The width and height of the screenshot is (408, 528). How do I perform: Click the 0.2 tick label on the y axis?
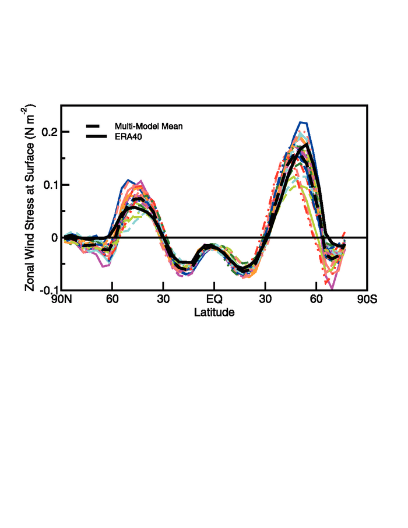(x=48, y=132)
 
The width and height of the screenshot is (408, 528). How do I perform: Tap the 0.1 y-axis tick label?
(x=48, y=185)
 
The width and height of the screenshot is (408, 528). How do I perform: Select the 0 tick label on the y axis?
(x=53, y=238)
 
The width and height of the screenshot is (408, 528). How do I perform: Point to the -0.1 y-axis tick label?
(x=47, y=290)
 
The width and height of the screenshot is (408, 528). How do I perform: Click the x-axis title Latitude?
(x=214, y=313)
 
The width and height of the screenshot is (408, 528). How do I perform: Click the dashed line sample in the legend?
(x=97, y=126)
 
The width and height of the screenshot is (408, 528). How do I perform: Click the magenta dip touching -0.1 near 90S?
(x=332, y=288)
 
